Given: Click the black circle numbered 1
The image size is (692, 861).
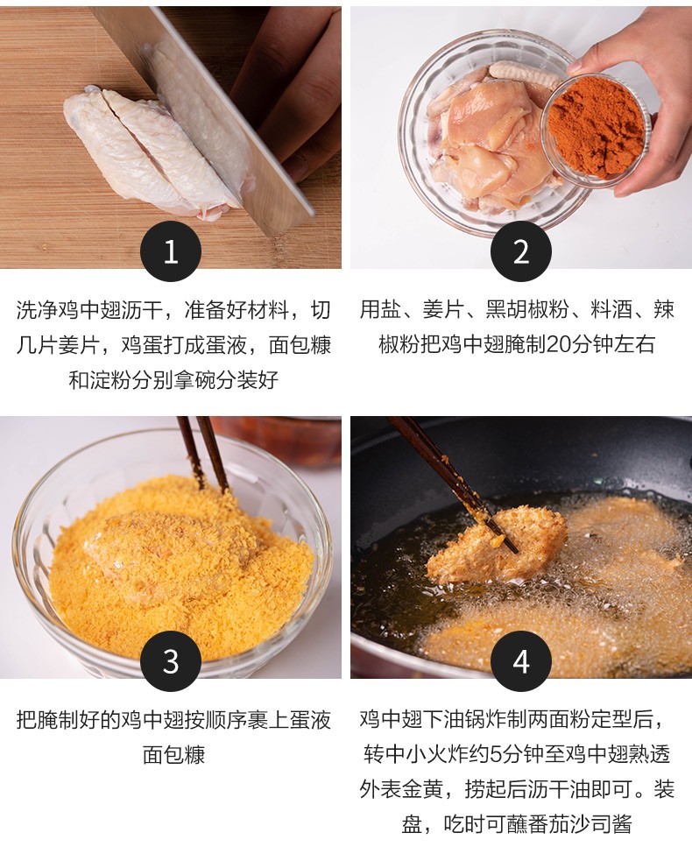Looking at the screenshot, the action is point(171,251).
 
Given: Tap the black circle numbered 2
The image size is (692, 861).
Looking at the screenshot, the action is point(520,251).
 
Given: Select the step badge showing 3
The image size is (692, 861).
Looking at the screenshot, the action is point(171,661).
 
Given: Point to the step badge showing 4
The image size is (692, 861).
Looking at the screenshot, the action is point(520,661).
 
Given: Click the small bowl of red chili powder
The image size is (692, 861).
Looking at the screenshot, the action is point(596,131).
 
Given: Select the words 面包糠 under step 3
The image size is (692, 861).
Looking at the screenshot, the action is point(173,754).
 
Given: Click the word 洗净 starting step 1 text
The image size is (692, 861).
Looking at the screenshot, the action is point(37,310).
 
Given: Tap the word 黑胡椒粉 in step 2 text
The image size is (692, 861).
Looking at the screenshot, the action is point(527,310).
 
